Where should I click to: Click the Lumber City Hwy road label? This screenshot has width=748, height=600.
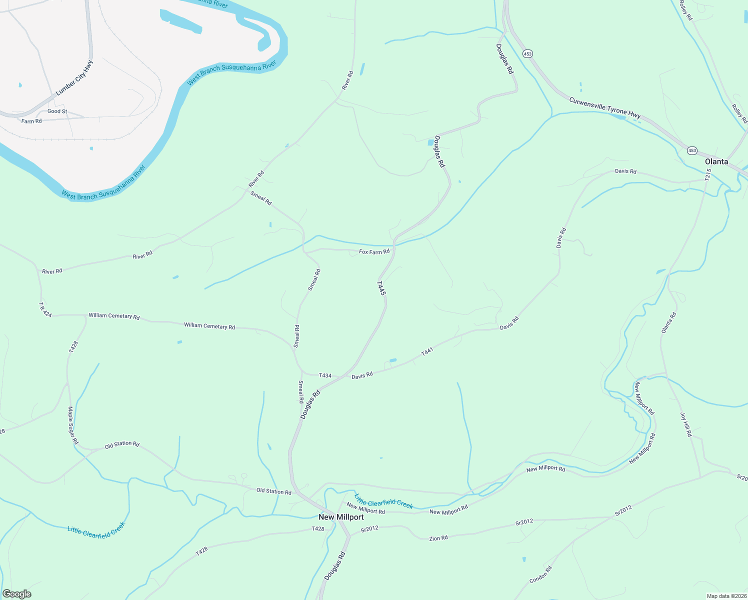pos(74,78)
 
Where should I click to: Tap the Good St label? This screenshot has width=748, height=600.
pos(57,111)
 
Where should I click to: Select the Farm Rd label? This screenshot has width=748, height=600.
pos(31,121)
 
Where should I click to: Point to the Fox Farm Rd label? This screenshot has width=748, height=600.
pos(374,252)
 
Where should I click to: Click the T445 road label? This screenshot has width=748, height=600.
pos(381,288)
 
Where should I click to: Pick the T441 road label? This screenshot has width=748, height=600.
pos(426,352)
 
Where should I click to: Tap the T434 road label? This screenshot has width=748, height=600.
pos(325,375)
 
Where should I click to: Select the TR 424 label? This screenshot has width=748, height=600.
pos(45,309)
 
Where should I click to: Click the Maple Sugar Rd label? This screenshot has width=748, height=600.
pos(73,425)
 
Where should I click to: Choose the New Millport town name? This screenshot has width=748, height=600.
pos(341,517)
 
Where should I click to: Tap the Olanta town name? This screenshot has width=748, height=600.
pos(716,161)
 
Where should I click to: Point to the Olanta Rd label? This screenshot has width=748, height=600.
pos(668,323)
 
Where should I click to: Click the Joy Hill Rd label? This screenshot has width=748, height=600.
pos(685,424)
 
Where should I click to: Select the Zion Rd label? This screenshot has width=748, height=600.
pos(438,538)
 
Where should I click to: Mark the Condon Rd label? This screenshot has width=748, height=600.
pos(540,574)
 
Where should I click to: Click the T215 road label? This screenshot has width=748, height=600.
pos(708,175)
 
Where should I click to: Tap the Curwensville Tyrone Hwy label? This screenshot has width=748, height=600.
pos(604,108)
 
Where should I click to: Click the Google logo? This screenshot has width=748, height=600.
pos(16,594)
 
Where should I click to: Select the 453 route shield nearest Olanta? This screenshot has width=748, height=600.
pos(692,150)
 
